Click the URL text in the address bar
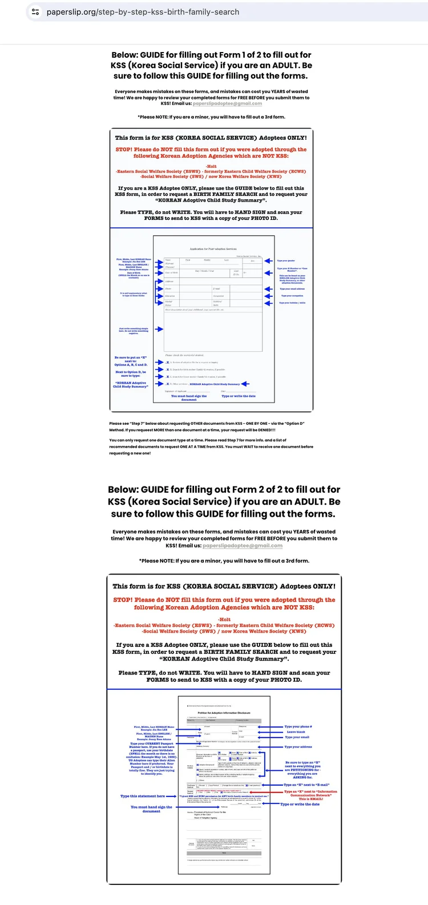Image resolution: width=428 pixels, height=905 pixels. tap(143, 12)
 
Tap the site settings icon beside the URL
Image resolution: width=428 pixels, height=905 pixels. tap(35, 12)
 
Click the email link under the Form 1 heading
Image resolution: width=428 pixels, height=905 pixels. tap(227, 104)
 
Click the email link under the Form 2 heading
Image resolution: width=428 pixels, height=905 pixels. tap(243, 546)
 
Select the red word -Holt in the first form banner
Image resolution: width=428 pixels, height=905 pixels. tap(211, 166)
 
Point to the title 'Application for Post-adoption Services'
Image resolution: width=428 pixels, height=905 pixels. tap(213, 249)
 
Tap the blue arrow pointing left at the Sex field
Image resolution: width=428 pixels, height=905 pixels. tap(268, 261)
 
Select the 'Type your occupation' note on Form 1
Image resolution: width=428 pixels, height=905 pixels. tap(292, 296)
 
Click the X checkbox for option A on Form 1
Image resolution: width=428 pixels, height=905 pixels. tap(168, 363)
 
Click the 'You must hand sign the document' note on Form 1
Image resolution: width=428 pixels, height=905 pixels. tap(189, 397)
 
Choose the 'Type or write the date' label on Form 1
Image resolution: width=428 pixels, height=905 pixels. tap(239, 396)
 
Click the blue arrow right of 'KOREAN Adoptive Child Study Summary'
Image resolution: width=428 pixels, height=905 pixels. tap(245, 384)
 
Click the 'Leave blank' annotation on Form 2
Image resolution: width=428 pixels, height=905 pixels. tap(296, 732)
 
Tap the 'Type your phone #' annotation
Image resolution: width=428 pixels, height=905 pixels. tap(298, 727)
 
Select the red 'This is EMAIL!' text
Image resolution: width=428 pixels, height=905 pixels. tap(310, 799)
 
